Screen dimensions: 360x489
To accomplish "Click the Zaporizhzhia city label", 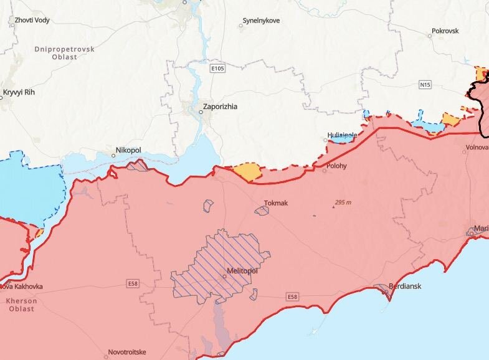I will pos(221,107).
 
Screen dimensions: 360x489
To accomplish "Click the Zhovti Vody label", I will pos(32,21).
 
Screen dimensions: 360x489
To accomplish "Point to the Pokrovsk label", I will pos(445,31).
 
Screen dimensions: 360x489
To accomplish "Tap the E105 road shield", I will pos(217,69).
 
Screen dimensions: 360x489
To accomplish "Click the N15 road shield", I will pos(425,83).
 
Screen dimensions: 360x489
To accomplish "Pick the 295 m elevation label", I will pos(343,203).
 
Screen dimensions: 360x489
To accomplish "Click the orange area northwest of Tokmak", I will pos(247,171).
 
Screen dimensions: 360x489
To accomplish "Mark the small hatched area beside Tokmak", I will pos(262,211).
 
